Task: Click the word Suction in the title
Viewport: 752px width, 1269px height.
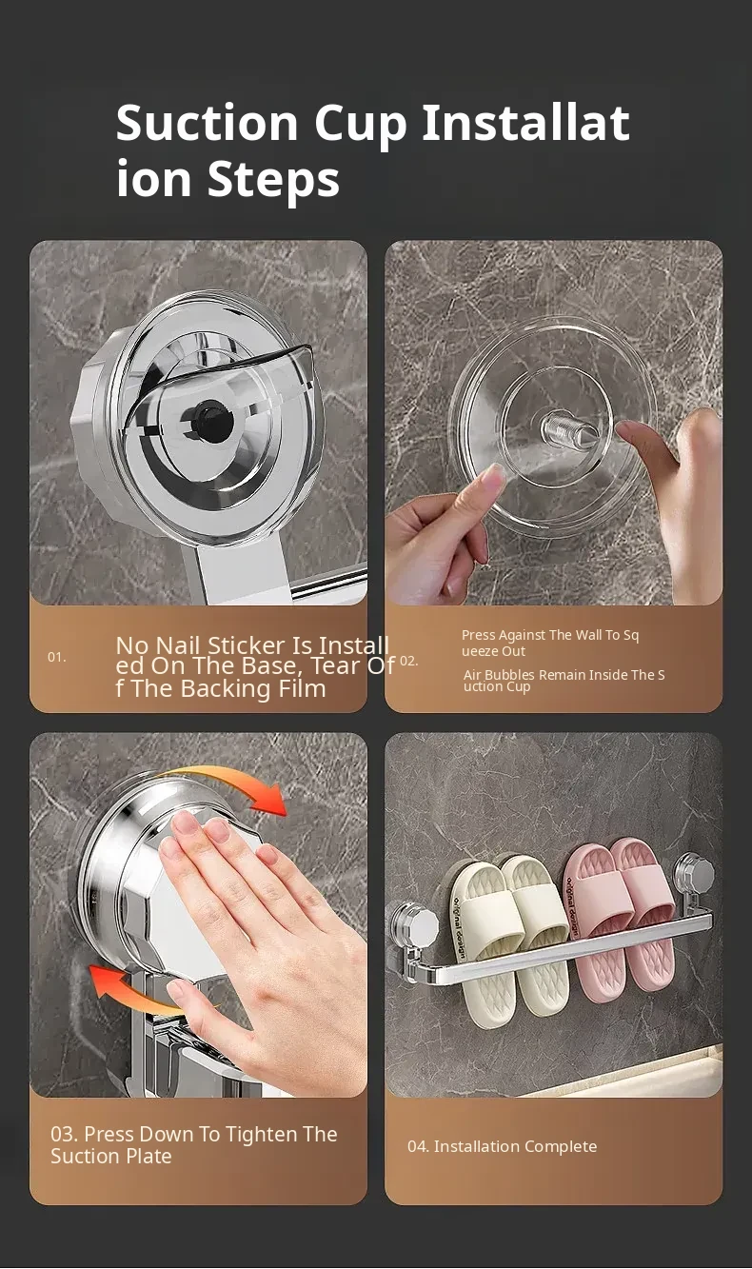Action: pyautogui.click(x=207, y=123)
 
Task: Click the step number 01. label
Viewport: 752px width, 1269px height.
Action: pyautogui.click(x=56, y=657)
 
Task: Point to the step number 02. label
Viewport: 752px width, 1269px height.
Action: pyautogui.click(x=409, y=661)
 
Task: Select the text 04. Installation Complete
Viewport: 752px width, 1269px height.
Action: pyautogui.click(x=502, y=1146)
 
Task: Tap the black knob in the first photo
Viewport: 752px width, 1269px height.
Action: pyautogui.click(x=212, y=419)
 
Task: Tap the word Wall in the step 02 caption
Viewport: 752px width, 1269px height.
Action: pyautogui.click(x=588, y=635)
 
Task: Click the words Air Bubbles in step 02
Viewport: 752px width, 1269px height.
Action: pyautogui.click(x=499, y=675)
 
